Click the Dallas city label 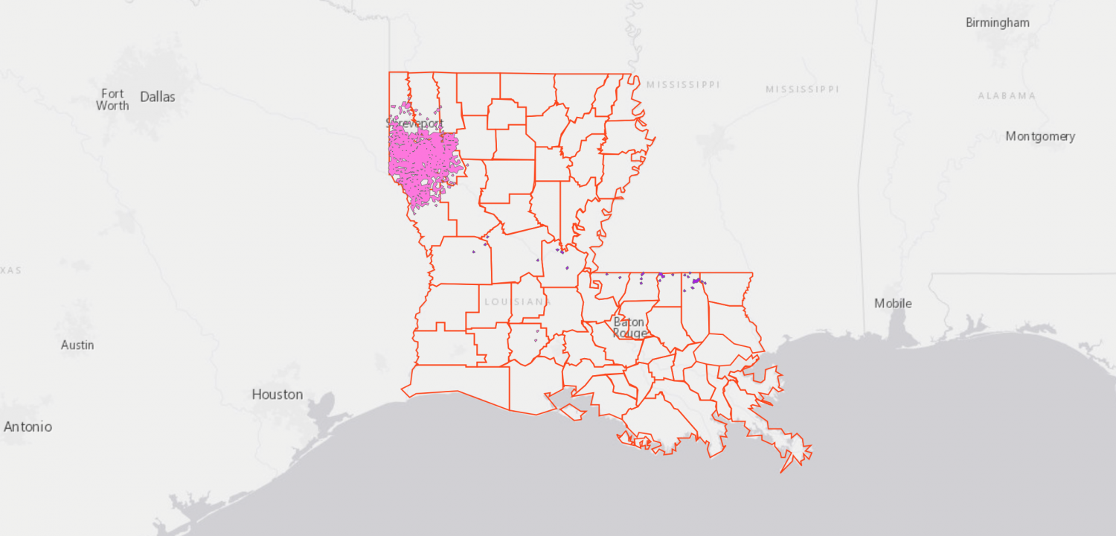point(158,97)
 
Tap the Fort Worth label point(112,99)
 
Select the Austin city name point(77,345)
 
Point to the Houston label point(277,394)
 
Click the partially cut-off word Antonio point(28,427)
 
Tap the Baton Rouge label point(629,328)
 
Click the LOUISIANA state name point(514,301)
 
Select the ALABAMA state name point(1007,96)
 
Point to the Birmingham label point(998,22)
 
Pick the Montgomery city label point(1040,136)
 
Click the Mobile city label point(893,303)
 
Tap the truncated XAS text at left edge point(10,270)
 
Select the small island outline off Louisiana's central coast point(572,410)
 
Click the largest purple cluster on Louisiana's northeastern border point(698,281)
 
